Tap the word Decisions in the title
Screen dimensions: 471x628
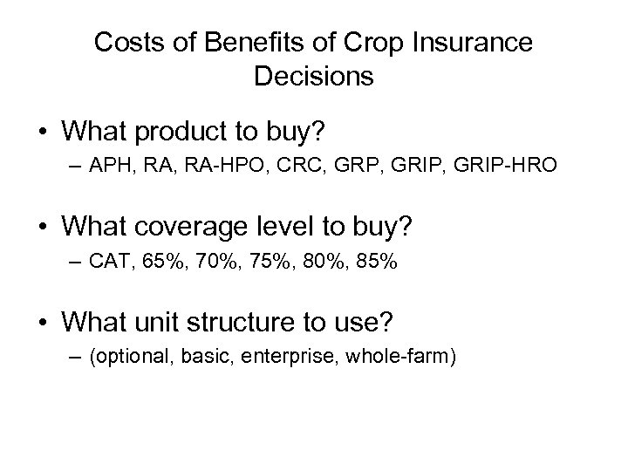pyautogui.click(x=314, y=76)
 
